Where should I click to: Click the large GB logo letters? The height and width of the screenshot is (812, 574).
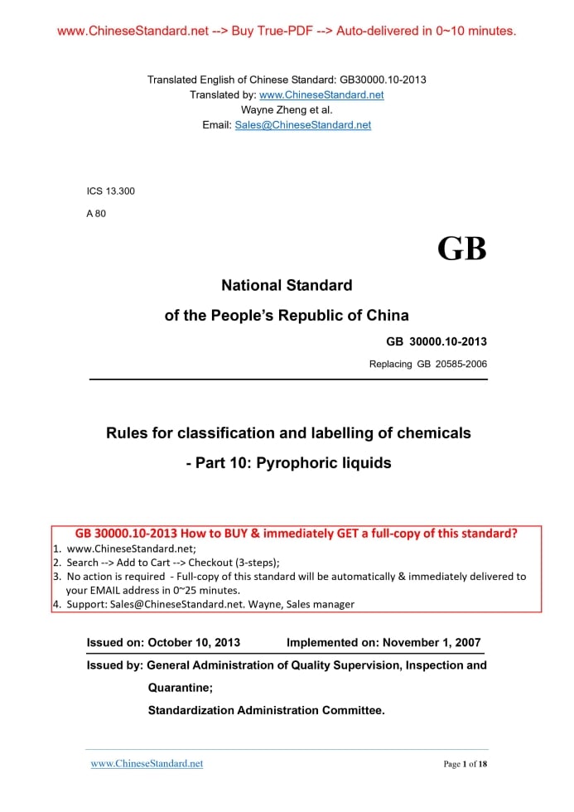(x=462, y=249)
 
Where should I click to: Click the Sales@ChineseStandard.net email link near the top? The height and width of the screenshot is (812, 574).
(x=303, y=125)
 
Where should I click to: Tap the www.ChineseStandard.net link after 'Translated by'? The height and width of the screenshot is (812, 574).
(x=321, y=94)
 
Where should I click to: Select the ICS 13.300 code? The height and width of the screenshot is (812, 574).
(x=111, y=191)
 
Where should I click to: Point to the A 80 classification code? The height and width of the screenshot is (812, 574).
(x=96, y=214)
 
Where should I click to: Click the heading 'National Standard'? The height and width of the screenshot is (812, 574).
(x=287, y=286)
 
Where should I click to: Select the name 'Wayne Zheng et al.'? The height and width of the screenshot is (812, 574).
(x=287, y=109)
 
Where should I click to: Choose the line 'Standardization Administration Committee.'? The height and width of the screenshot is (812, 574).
(x=267, y=710)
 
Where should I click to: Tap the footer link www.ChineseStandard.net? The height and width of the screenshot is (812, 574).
(x=147, y=763)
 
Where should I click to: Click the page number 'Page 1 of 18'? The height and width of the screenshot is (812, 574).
(x=465, y=764)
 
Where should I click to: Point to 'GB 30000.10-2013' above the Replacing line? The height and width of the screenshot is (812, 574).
(x=437, y=341)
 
